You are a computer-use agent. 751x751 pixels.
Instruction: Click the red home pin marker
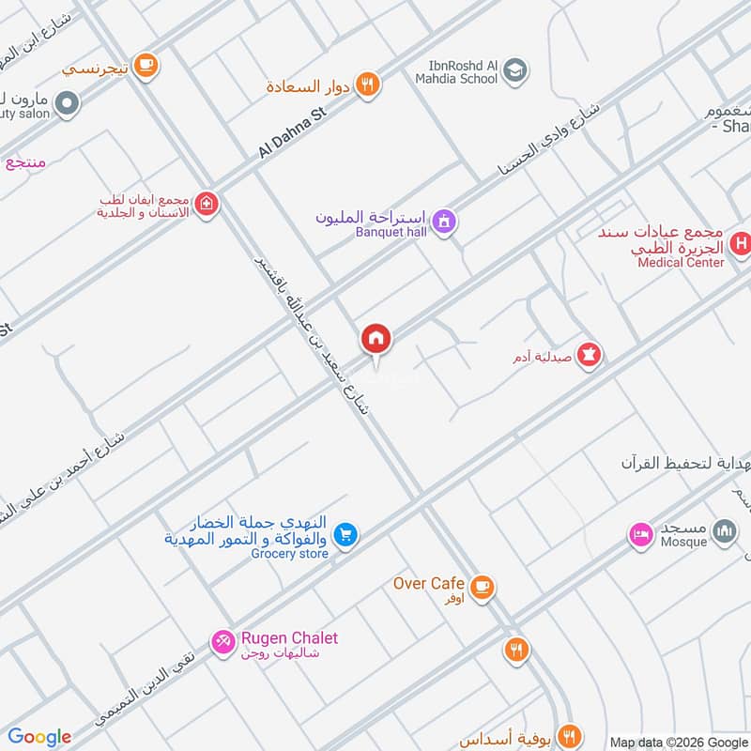click(376, 339)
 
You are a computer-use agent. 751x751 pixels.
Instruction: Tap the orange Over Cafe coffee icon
click(483, 587)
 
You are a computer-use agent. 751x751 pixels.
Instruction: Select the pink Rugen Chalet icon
click(223, 642)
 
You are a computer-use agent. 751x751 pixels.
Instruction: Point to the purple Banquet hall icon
click(445, 222)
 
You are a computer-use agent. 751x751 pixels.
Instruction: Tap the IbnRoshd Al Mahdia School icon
click(514, 69)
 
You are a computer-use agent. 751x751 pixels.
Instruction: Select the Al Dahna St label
click(291, 134)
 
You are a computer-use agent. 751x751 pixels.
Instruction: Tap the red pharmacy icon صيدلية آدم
click(590, 356)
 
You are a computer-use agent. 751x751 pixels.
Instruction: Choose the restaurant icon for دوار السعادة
click(369, 84)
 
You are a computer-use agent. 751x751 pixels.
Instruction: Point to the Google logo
click(39, 737)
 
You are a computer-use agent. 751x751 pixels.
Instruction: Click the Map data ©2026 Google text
click(678, 741)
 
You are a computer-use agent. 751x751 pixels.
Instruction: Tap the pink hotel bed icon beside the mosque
click(641, 534)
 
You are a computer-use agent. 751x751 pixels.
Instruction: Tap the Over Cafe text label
click(429, 583)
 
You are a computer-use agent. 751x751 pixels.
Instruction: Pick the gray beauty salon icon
click(67, 104)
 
